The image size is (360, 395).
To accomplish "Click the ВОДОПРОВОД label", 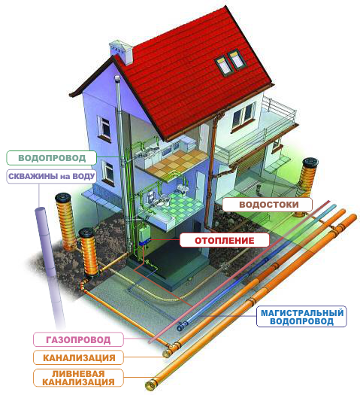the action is (x=52, y=158).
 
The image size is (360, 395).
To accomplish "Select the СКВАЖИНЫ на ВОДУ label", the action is (x=52, y=176).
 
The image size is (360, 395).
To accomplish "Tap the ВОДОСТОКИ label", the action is (x=268, y=205).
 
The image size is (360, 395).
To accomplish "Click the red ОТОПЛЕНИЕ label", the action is (x=225, y=240).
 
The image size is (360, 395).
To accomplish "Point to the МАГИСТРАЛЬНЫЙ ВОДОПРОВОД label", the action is (x=301, y=317).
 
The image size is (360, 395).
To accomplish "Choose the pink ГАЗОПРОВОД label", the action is (x=78, y=339).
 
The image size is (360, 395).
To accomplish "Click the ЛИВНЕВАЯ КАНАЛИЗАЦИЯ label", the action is (x=78, y=378).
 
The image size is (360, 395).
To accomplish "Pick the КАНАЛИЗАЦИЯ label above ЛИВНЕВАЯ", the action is (x=78, y=357).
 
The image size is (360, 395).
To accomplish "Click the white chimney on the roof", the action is (x=121, y=52).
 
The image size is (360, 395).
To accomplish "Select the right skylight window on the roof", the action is (x=237, y=59).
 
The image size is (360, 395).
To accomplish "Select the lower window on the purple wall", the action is (x=108, y=172).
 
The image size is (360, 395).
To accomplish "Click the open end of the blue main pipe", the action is (x=180, y=327).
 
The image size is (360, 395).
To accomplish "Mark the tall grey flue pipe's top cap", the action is (x=117, y=78).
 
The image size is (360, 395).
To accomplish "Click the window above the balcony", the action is (x=243, y=117).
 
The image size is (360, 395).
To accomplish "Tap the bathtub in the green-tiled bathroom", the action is (x=158, y=218).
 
